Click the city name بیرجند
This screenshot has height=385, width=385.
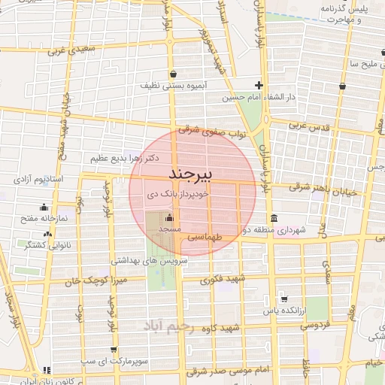tap(191, 174)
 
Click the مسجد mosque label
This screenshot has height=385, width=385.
tap(168, 226)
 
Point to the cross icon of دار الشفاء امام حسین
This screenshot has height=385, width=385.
tap(259, 86)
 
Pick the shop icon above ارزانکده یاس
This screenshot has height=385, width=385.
tap(283, 298)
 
